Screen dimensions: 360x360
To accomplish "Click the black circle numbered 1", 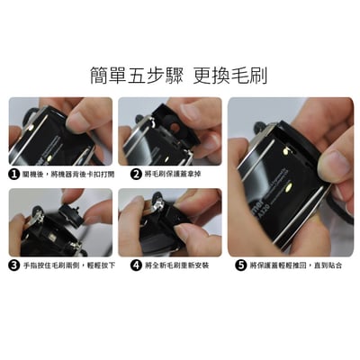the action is point(14,175).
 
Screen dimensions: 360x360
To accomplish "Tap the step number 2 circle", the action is point(136,174).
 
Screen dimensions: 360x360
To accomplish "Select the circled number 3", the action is point(14,265).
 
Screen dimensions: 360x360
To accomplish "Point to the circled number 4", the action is point(136,265).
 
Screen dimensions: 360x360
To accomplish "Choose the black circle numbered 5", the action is point(240,265).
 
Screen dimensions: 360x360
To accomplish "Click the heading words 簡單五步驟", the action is point(137,75).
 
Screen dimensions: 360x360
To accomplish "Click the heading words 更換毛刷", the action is point(229,75).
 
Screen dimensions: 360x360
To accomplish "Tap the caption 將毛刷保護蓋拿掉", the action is point(173,174).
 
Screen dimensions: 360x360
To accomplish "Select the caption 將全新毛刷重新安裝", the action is point(176,265).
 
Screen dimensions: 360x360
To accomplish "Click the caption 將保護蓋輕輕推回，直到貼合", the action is point(295,265).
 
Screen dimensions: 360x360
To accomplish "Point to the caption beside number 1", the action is point(68,175).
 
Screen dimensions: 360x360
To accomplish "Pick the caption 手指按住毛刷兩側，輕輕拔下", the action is point(69,265).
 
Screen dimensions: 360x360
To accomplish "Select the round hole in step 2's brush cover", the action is point(175,129).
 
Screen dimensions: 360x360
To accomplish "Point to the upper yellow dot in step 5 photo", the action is point(285,151).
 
